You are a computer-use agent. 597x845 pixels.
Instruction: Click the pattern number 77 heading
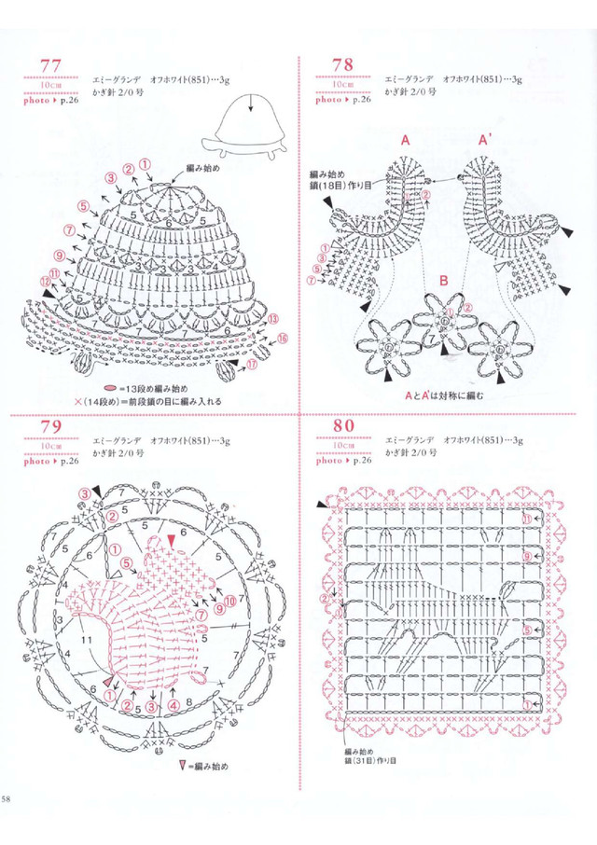pyautogui.click(x=49, y=65)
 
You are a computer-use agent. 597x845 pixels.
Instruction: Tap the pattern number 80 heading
pyautogui.click(x=342, y=428)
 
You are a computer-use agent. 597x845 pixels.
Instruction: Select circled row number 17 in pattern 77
pyautogui.click(x=252, y=367)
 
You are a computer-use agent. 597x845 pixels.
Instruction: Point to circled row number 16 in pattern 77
pyautogui.click(x=283, y=338)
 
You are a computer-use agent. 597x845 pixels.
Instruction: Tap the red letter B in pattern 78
pyautogui.click(x=444, y=280)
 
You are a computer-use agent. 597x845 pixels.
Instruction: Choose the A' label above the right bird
pyautogui.click(x=485, y=140)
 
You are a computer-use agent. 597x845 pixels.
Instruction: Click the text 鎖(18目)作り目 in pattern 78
pyautogui.click(x=340, y=187)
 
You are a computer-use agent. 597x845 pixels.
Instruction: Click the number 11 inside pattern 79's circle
pyautogui.click(x=86, y=643)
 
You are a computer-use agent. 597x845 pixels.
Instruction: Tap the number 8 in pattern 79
pyautogui.click(x=188, y=701)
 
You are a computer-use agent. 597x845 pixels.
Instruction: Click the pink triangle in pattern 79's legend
pyautogui.click(x=185, y=767)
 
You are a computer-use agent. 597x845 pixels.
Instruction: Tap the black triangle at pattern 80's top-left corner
pyautogui.click(x=323, y=505)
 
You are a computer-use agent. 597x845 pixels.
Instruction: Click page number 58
pyautogui.click(x=7, y=799)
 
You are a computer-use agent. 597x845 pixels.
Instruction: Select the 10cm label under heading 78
pyautogui.click(x=342, y=85)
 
